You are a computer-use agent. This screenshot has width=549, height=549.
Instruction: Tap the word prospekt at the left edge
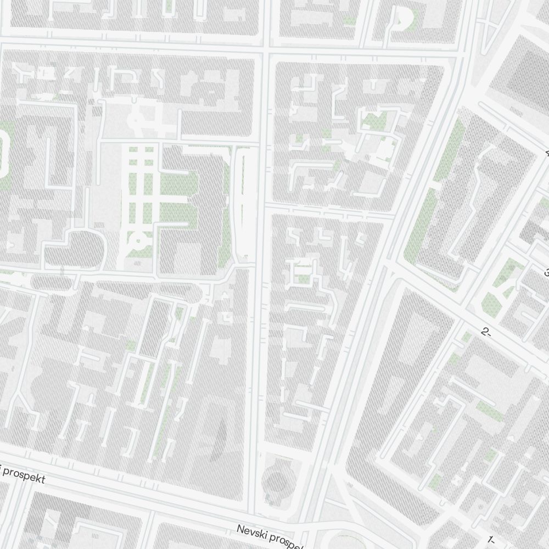(25, 475)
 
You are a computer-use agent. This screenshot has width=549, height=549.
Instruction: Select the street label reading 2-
(485, 332)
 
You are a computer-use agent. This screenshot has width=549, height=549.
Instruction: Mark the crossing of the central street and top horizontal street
(264, 49)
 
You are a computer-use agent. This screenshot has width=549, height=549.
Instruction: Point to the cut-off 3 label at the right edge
(546, 272)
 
